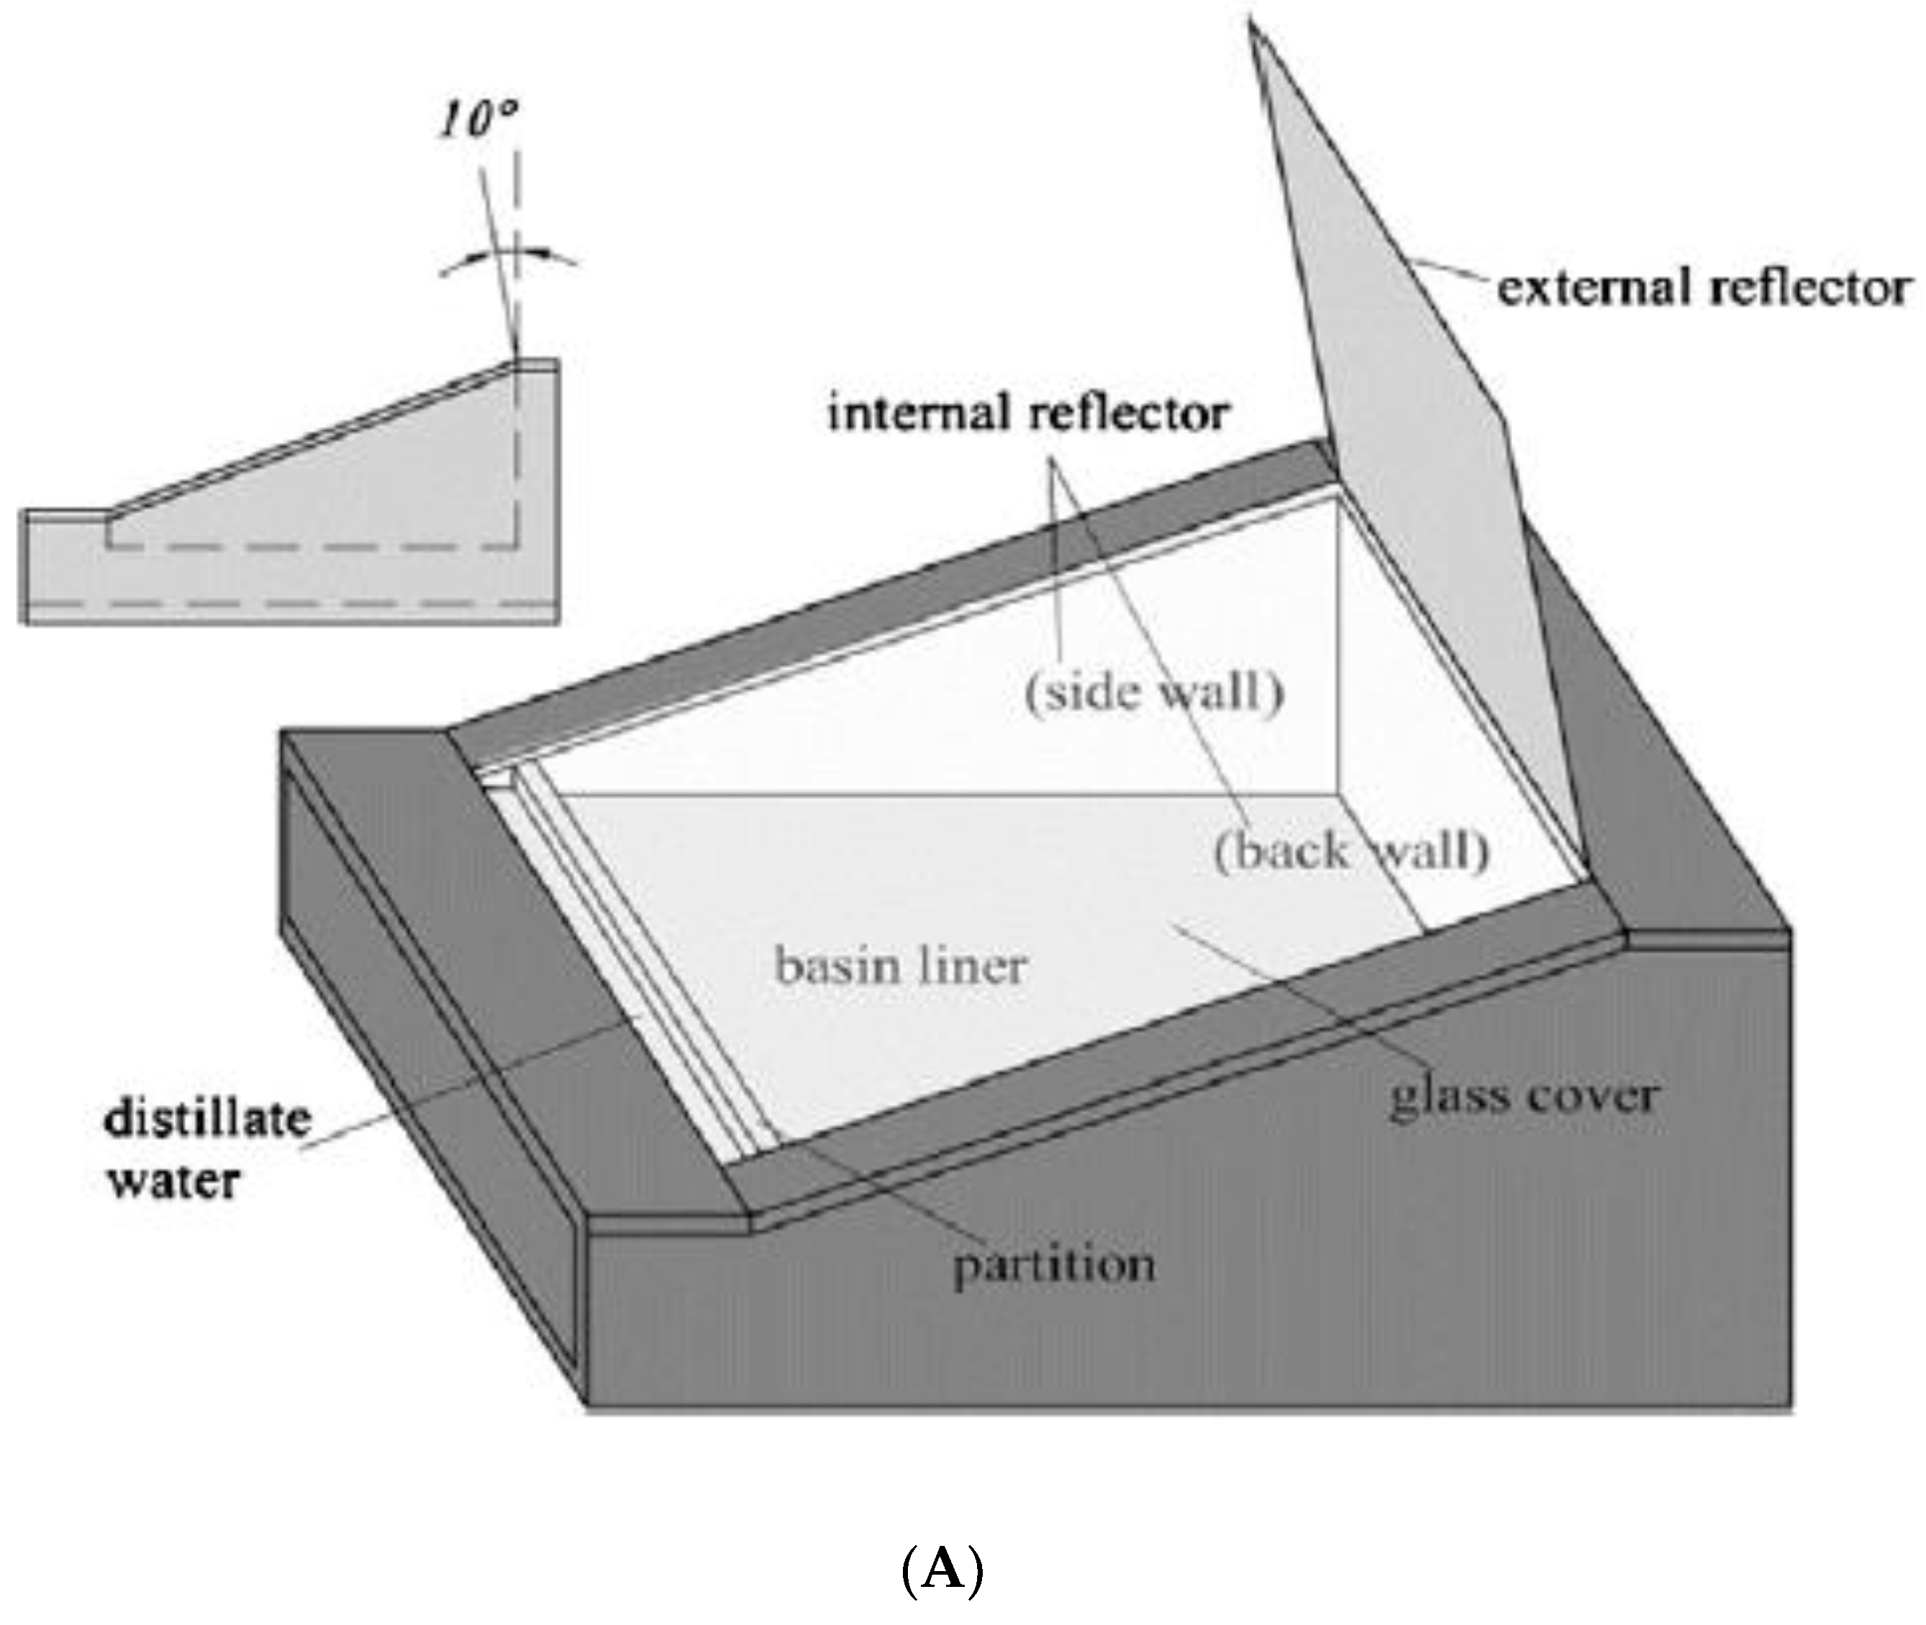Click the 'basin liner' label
click(x=900, y=966)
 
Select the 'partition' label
click(x=1053, y=1265)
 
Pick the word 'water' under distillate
click(x=174, y=1180)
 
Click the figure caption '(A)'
click(x=942, y=1570)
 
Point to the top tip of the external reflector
click(x=1251, y=23)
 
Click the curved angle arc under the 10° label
click(x=509, y=255)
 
